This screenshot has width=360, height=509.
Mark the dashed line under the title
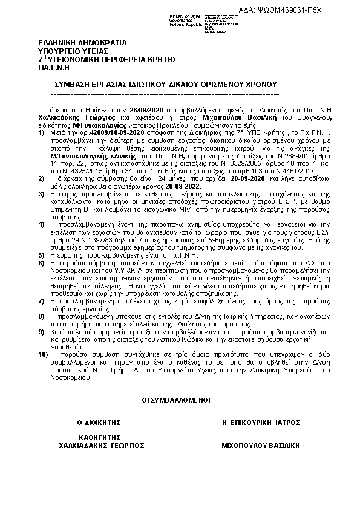(163, 94)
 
